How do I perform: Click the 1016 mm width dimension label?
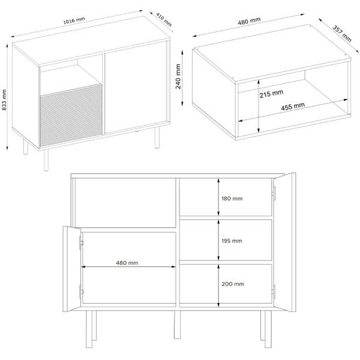pyautogui.click(x=74, y=20)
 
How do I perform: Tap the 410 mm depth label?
pyautogui.click(x=164, y=20)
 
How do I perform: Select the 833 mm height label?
pyautogui.click(x=4, y=100)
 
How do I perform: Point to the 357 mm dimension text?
pyautogui.click(x=342, y=34)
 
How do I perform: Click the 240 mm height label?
pyautogui.click(x=178, y=76)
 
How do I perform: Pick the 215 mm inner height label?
pyautogui.click(x=271, y=94)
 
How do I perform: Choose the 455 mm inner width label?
pyautogui.click(x=293, y=107)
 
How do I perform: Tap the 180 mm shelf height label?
pyautogui.click(x=232, y=199)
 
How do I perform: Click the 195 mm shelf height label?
pyautogui.click(x=232, y=241)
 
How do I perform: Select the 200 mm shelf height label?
pyautogui.click(x=233, y=284)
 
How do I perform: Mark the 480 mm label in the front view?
pyautogui.click(x=127, y=263)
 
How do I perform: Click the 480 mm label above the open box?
pyautogui.click(x=249, y=21)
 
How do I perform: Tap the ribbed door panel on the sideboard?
pyautogui.click(x=71, y=115)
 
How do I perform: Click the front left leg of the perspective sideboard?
pyautogui.click(x=46, y=160)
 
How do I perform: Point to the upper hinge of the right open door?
pyautogui.click(x=274, y=193)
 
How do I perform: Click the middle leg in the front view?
pyautogui.click(x=177, y=325)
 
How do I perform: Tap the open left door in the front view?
pyautogui.click(x=72, y=269)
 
